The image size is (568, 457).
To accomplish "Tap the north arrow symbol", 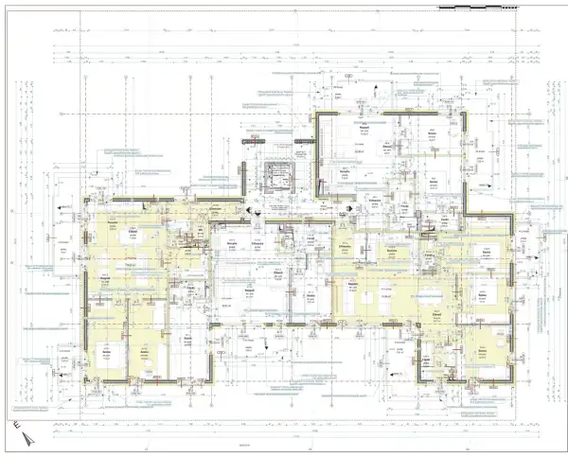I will point(26,437).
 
